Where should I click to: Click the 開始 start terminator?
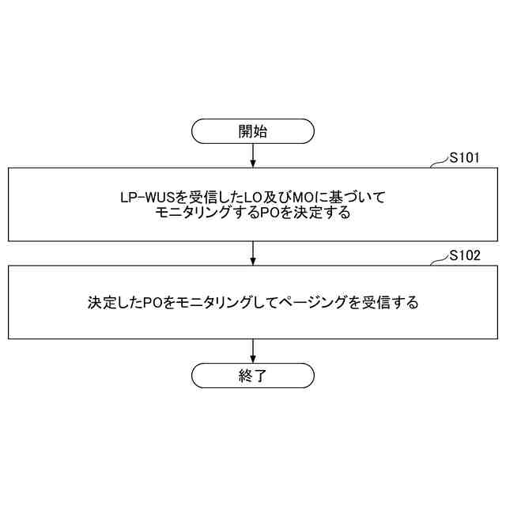point(253,131)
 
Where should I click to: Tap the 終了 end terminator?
point(253,375)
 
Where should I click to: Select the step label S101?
point(464,158)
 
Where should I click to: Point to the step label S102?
point(464,255)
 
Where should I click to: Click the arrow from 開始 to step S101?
point(253,155)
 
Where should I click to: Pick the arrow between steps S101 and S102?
point(253,253)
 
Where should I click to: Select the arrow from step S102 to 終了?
point(253,351)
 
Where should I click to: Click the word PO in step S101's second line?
point(270,213)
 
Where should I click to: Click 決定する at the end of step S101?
point(316,213)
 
